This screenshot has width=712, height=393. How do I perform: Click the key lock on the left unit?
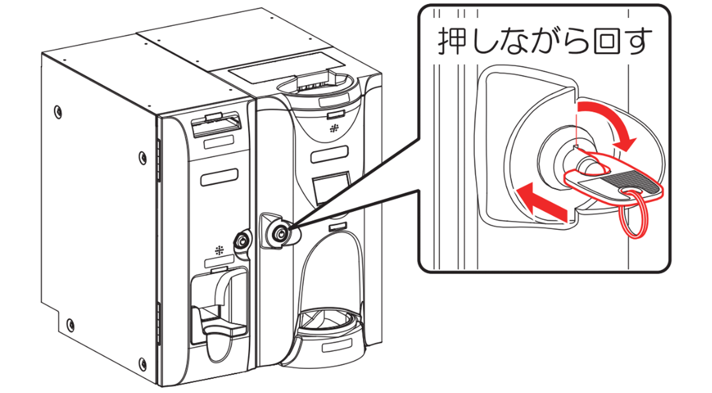pos(242,240)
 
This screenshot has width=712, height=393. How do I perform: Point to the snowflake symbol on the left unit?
pos(219,250)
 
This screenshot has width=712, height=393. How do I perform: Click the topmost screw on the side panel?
pos(58,112)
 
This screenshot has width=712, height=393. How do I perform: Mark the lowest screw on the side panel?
pos(143,363)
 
